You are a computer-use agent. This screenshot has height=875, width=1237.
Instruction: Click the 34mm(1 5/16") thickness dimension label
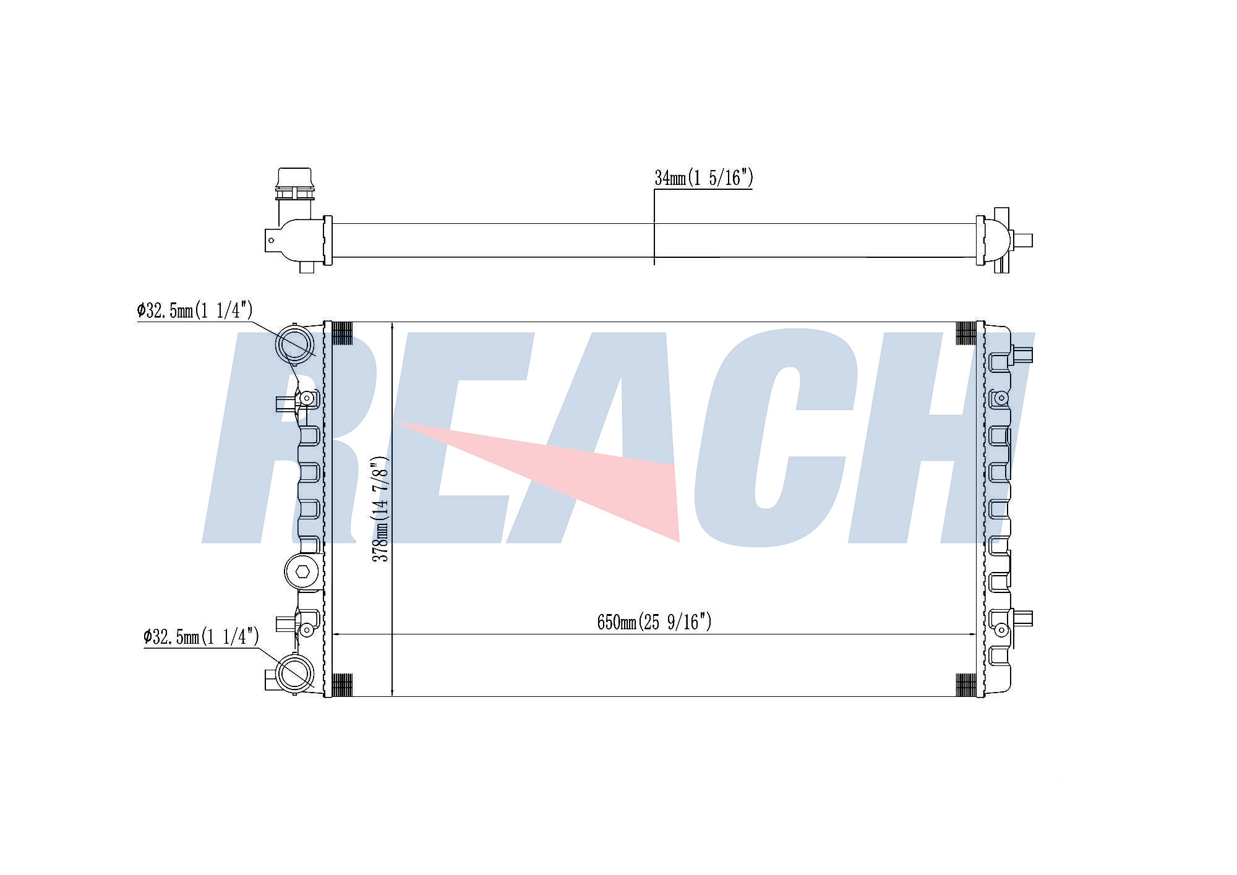point(704,178)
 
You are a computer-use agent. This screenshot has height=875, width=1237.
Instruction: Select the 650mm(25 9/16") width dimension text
point(654,621)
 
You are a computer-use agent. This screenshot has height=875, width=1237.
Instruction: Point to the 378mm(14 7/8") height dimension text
point(380,509)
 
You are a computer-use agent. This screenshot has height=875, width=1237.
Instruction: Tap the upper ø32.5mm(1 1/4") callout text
point(195,310)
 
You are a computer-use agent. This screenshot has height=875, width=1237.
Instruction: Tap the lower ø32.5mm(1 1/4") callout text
point(201,636)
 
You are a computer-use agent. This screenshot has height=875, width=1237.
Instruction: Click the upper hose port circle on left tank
point(294,344)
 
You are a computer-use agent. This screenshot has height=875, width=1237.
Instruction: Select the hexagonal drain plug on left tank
point(302,572)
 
